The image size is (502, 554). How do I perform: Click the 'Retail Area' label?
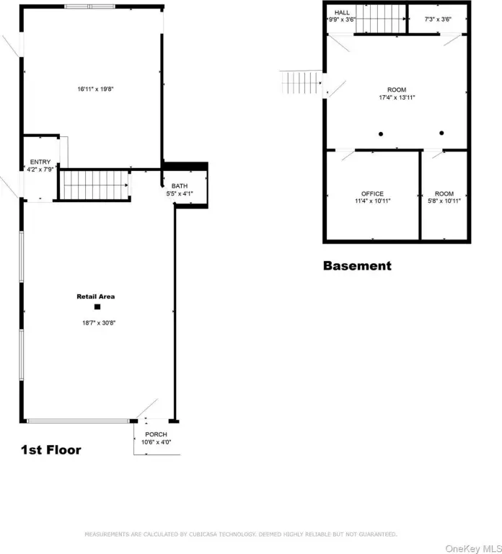tap(96, 296)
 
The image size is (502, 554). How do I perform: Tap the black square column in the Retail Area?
tap(97, 307)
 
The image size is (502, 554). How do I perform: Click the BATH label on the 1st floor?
tap(179, 186)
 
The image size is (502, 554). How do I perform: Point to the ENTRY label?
tap(40, 162)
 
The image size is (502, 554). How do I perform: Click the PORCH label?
tap(154, 434)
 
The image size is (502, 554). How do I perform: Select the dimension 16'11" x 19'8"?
tap(96, 89)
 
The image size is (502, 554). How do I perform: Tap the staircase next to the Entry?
tap(93, 185)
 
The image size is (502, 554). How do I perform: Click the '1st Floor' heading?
tap(50, 450)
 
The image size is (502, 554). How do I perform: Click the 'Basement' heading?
tap(357, 265)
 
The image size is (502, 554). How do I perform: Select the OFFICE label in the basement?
tap(372, 193)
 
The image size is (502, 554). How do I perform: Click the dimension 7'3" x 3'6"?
tap(438, 19)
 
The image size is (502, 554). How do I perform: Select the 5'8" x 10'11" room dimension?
tap(444, 201)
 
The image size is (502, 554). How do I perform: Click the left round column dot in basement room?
tap(381, 133)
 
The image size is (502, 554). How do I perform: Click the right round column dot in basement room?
tap(441, 133)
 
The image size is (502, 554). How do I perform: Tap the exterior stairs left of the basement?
tap(299, 82)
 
